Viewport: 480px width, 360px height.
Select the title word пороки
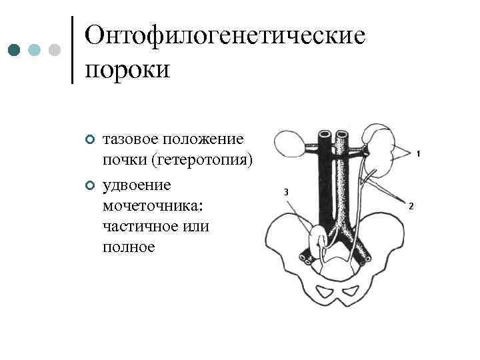pyautogui.click(x=129, y=69)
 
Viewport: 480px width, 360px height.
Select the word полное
pyautogui.click(x=129, y=247)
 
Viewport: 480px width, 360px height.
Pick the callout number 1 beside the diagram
pyautogui.click(x=417, y=154)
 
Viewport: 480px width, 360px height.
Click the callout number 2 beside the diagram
pyautogui.click(x=411, y=206)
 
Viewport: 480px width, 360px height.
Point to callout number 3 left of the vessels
pyautogui.click(x=285, y=193)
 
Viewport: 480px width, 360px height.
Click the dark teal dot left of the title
pyautogui.click(x=13, y=50)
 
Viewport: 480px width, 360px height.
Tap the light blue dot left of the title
pyautogui.click(x=35, y=50)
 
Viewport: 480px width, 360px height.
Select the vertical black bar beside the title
pyautogui.click(x=72, y=49)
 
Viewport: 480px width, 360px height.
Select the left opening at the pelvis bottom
pyautogui.click(x=328, y=291)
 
